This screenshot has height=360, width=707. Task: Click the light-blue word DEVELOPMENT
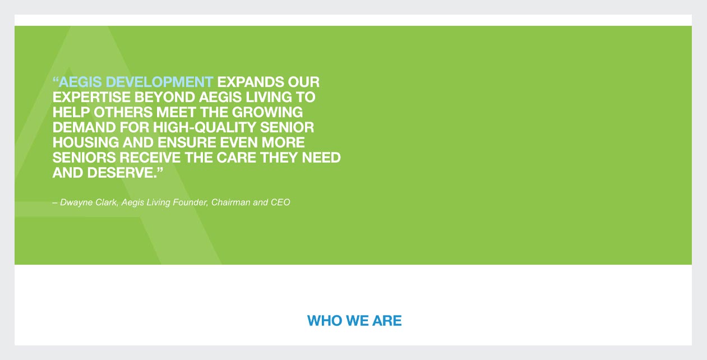(159, 82)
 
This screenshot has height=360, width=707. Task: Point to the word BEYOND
(165, 97)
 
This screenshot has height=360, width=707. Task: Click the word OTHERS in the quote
(123, 112)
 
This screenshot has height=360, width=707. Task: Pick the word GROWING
(267, 112)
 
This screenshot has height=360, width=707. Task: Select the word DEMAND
(84, 128)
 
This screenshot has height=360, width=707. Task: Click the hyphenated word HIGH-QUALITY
(205, 128)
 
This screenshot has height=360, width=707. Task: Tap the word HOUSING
(86, 142)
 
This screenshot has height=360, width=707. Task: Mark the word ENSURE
(187, 142)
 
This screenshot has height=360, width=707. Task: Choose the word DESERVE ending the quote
(122, 173)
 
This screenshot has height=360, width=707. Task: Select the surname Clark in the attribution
(107, 202)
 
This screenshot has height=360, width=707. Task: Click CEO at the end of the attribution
(280, 202)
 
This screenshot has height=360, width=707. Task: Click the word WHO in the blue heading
(325, 321)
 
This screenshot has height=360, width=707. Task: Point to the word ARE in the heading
(387, 321)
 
